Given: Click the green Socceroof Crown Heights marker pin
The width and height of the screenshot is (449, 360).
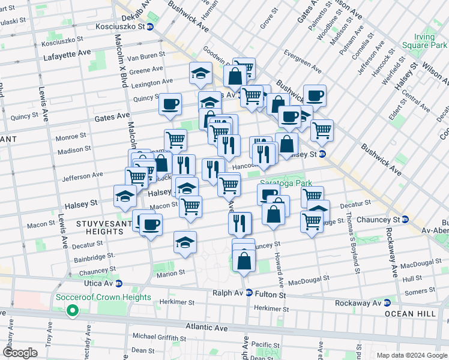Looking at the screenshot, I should pos(73,310).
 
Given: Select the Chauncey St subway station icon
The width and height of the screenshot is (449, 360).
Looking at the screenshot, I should pos(405,220).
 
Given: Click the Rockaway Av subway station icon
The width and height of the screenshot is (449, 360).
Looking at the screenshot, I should pos(387,303).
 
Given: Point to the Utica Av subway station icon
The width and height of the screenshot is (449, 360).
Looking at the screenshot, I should pos(119,284).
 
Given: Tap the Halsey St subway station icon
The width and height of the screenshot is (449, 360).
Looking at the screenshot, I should pos(322,154).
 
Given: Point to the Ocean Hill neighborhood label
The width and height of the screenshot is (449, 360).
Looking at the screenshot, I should pos(421,314).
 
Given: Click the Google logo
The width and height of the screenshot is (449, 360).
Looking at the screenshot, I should pos(20,352).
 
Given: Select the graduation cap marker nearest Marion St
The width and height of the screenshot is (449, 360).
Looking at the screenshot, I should pos(185,243).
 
